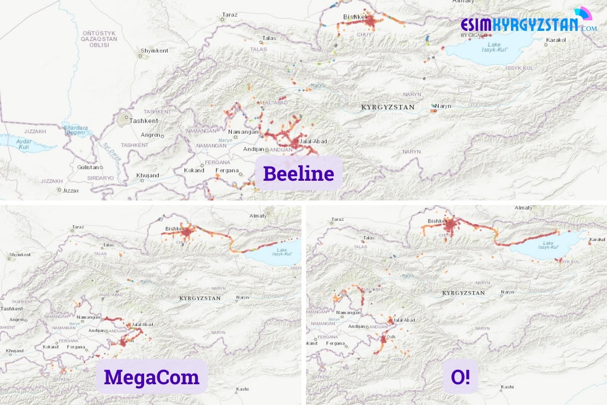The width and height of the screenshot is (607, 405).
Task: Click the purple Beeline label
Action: [298, 174]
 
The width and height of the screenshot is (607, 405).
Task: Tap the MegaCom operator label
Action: [151, 377]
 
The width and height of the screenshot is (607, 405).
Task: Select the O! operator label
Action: [460, 377]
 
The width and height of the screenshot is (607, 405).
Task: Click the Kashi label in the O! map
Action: [507, 387]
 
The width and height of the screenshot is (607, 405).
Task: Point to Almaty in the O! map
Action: [524, 208]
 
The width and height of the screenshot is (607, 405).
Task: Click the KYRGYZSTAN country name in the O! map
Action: [463, 293]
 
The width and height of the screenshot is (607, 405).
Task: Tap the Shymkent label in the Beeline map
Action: [154, 51]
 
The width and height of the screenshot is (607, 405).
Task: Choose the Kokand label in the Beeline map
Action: [194, 170]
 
